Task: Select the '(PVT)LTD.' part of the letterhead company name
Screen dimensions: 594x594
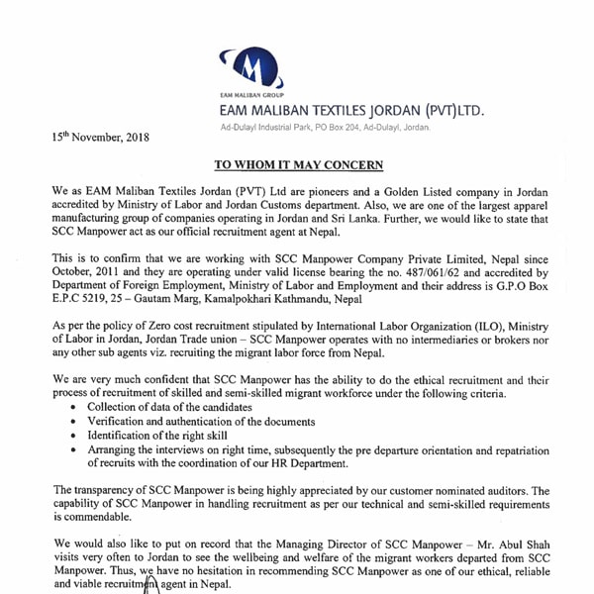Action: pyautogui.click(x=445, y=110)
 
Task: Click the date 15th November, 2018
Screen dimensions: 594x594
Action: pyautogui.click(x=100, y=137)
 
